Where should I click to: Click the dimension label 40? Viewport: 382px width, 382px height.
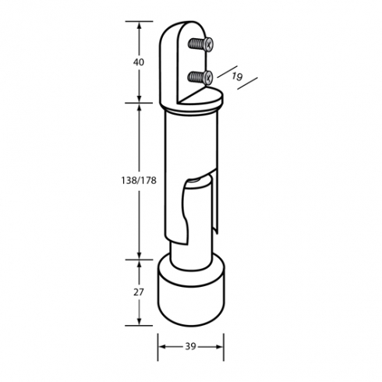[x=139, y=62]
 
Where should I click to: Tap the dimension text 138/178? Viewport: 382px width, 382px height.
[x=139, y=180]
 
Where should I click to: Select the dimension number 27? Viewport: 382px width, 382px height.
[x=139, y=292]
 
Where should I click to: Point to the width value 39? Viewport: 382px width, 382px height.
[x=190, y=346]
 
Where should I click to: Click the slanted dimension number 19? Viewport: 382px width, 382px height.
[x=237, y=76]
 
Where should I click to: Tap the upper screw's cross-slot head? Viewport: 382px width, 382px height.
[x=208, y=44]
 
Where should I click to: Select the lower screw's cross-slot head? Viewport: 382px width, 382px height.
[x=208, y=77]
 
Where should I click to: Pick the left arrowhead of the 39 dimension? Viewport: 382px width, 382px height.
[x=162, y=347]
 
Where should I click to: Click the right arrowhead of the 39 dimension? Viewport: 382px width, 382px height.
[x=219, y=347]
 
